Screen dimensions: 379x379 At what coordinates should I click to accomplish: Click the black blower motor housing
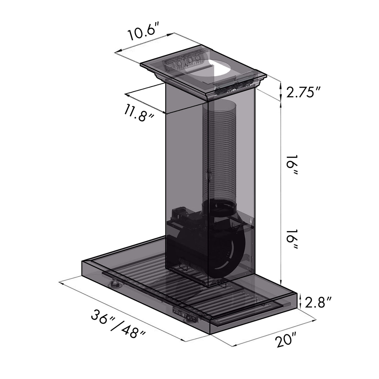click(203, 244)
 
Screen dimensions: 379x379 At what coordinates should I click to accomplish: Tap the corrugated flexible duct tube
click(219, 150)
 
